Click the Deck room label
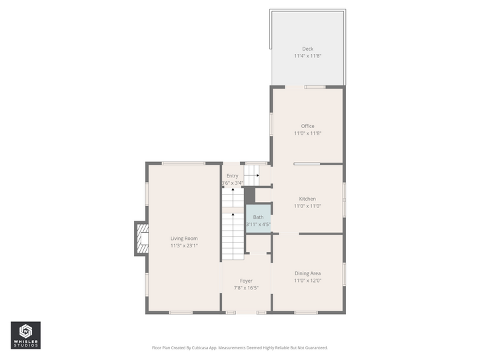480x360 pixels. tap(307, 49)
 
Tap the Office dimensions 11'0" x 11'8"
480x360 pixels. tap(307, 133)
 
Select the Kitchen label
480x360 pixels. tap(307, 199)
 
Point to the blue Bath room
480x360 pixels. tap(259, 219)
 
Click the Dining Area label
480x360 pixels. tap(307, 273)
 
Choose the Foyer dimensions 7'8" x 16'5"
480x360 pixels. tap(246, 288)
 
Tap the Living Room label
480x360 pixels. tap(184, 238)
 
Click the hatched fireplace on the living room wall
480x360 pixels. tap(143, 239)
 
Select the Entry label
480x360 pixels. tap(233, 176)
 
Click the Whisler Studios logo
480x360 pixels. tap(26, 335)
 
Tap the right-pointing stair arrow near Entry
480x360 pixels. tap(251, 175)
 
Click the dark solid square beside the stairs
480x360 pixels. tap(249, 195)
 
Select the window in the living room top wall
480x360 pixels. tap(183, 163)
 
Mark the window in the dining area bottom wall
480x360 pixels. tap(306, 313)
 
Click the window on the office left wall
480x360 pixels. tap(271, 124)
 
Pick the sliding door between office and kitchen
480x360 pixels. tap(307, 164)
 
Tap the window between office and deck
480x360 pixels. tap(315, 87)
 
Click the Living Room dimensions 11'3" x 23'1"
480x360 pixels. tap(184, 245)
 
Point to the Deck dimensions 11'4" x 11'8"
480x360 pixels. tap(307, 56)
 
